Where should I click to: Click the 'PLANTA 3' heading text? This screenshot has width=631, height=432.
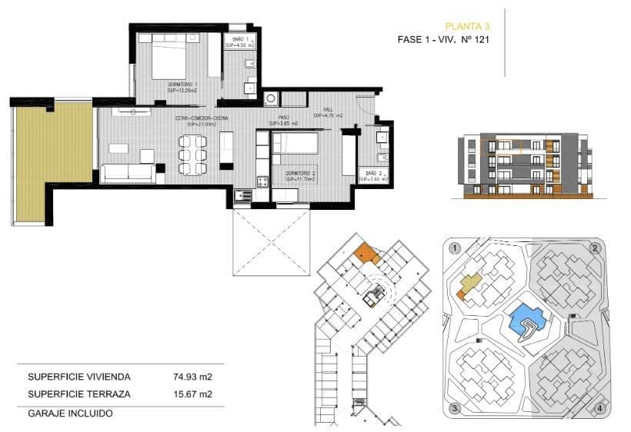(467, 25)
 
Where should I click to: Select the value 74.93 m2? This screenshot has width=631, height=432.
(192, 377)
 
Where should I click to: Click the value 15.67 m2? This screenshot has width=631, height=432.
(192, 394)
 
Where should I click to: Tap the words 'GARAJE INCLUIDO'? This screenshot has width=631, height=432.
(70, 413)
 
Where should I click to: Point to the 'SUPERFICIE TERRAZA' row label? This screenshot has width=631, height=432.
(79, 394)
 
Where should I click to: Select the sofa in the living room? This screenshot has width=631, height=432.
(129, 172)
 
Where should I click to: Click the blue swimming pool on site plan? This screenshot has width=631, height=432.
(527, 317)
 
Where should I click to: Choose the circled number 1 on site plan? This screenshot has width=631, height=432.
(456, 248)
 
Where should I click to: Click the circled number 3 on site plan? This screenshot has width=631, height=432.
(456, 407)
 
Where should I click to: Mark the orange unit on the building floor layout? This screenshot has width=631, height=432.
(364, 251)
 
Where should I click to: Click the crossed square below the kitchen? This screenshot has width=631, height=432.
(272, 241)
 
